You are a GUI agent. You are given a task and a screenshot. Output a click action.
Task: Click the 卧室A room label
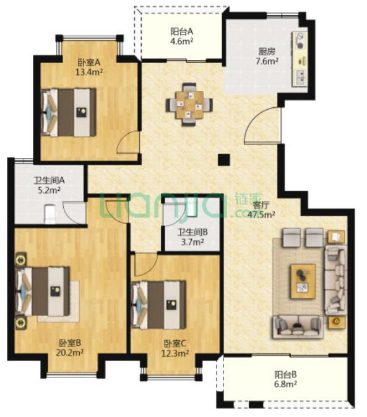pyautogui.click(x=89, y=63)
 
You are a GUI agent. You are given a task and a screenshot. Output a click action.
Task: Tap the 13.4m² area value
pyautogui.click(x=89, y=72)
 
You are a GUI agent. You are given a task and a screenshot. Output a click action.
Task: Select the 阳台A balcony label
pyautogui.click(x=181, y=32)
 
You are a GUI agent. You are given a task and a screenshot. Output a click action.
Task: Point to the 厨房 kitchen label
pyautogui.click(x=267, y=51)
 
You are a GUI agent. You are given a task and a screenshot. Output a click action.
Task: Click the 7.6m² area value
pyautogui.click(x=267, y=61)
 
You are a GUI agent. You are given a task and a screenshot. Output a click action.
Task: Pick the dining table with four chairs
pyautogui.click(x=189, y=105)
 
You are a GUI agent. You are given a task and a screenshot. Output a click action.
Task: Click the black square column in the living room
pyautogui.click(x=223, y=160)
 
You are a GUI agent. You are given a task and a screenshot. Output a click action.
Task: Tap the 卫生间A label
pyautogui.click(x=49, y=180)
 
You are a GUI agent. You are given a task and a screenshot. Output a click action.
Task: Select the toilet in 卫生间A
pyautogui.click(x=50, y=214)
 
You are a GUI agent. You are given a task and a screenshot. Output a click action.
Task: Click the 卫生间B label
pyautogui.click(x=192, y=232)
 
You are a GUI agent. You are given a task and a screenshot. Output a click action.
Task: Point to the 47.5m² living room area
pyautogui.click(x=261, y=214)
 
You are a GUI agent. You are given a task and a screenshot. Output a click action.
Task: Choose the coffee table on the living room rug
pyautogui.click(x=303, y=281)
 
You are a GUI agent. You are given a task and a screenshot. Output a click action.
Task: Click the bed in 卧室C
pyautogui.click(x=159, y=305)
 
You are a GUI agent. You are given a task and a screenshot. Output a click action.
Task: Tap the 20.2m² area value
pyautogui.click(x=70, y=353)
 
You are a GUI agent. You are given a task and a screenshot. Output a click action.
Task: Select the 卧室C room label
pyautogui.click(x=175, y=344)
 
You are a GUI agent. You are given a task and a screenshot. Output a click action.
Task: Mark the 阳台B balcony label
pyautogui.click(x=285, y=375)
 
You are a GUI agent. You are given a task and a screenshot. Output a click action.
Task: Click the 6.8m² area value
pyautogui.click(x=285, y=384)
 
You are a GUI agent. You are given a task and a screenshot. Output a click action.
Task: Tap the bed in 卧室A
pyautogui.click(x=69, y=113)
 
